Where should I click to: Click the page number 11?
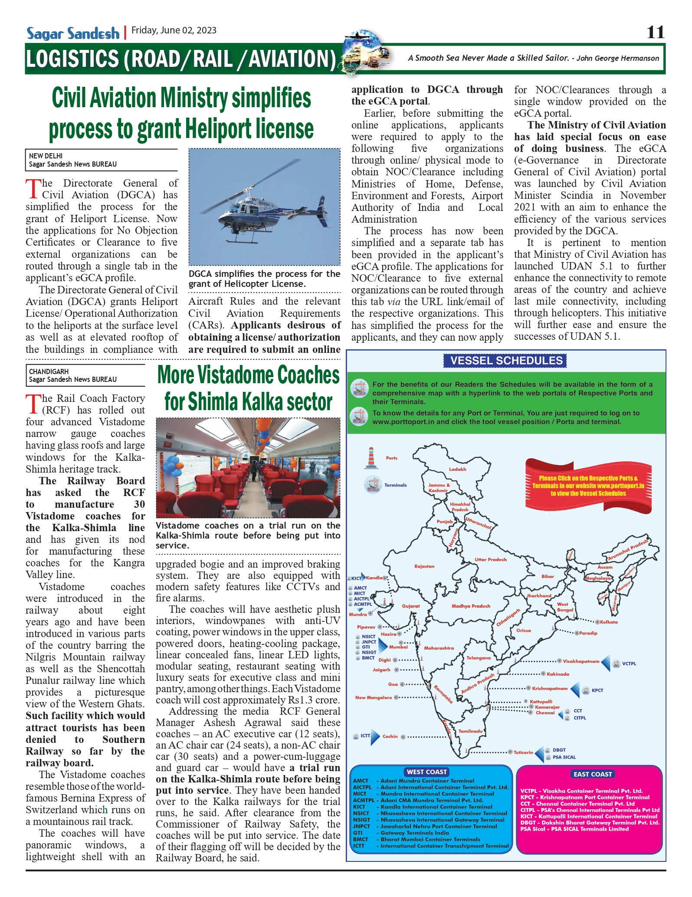(x=655, y=32)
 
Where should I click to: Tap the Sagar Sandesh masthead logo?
(x=73, y=33)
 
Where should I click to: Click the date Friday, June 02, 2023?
(x=174, y=30)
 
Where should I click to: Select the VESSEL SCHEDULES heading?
(x=506, y=361)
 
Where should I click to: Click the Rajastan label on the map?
(x=424, y=566)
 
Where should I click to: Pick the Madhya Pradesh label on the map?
(x=471, y=606)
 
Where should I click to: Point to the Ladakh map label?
(x=457, y=469)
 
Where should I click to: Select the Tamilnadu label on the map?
(x=470, y=731)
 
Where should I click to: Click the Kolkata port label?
(x=609, y=622)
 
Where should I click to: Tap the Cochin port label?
(x=390, y=736)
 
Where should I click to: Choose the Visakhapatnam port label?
(x=581, y=661)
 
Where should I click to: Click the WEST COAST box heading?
(x=426, y=772)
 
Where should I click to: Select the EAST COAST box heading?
(x=593, y=774)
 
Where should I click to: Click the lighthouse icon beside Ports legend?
(x=371, y=458)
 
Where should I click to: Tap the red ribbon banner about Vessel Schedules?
(x=588, y=486)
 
